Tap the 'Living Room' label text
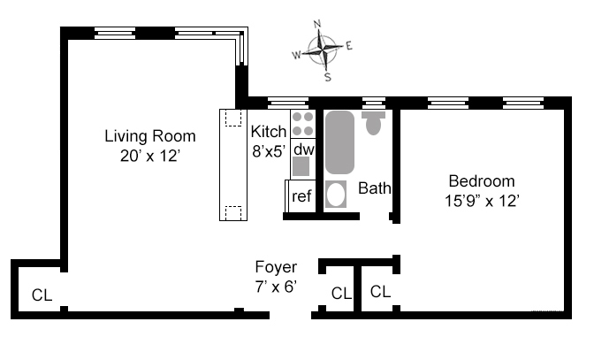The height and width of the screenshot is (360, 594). tap(150, 136)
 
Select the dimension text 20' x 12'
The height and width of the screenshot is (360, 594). tap(150, 156)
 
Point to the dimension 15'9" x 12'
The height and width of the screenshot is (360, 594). tap(481, 200)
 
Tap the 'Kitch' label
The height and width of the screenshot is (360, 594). tap(268, 132)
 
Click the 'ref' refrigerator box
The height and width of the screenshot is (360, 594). tap(301, 195)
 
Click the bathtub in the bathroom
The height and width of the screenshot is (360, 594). tap(339, 142)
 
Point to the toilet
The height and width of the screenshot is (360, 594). tap(373, 122)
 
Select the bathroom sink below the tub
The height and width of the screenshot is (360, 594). tap(336, 194)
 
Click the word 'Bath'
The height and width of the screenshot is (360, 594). tap(375, 188)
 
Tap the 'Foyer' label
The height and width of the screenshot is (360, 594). tap(276, 266)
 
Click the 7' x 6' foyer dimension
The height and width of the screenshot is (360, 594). tap(276, 286)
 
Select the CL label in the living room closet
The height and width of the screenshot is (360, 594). tap(42, 295)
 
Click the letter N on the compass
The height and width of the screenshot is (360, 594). tap(318, 24)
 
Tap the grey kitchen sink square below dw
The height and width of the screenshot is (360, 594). tap(302, 166)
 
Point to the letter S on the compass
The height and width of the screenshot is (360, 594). tap(327, 77)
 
